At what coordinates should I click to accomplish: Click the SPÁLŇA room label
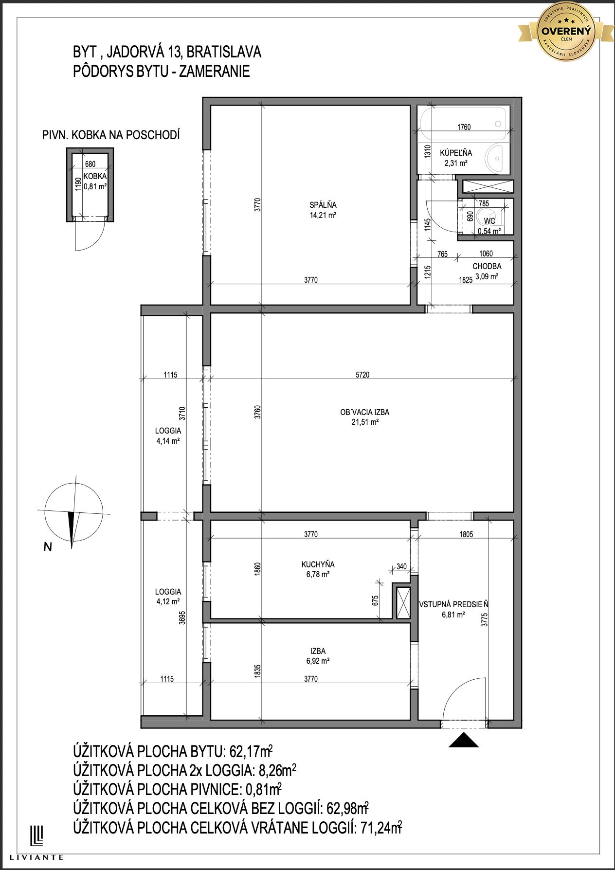click(x=323, y=205)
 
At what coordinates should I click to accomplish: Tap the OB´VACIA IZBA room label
click(x=365, y=412)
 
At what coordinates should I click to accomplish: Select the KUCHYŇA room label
click(x=318, y=564)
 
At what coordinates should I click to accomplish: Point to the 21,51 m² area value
click(x=365, y=422)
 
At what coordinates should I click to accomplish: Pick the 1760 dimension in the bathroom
click(x=464, y=127)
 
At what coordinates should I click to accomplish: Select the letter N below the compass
click(x=48, y=547)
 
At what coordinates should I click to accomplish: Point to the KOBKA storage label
click(x=95, y=177)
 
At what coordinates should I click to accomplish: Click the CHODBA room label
click(x=487, y=267)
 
